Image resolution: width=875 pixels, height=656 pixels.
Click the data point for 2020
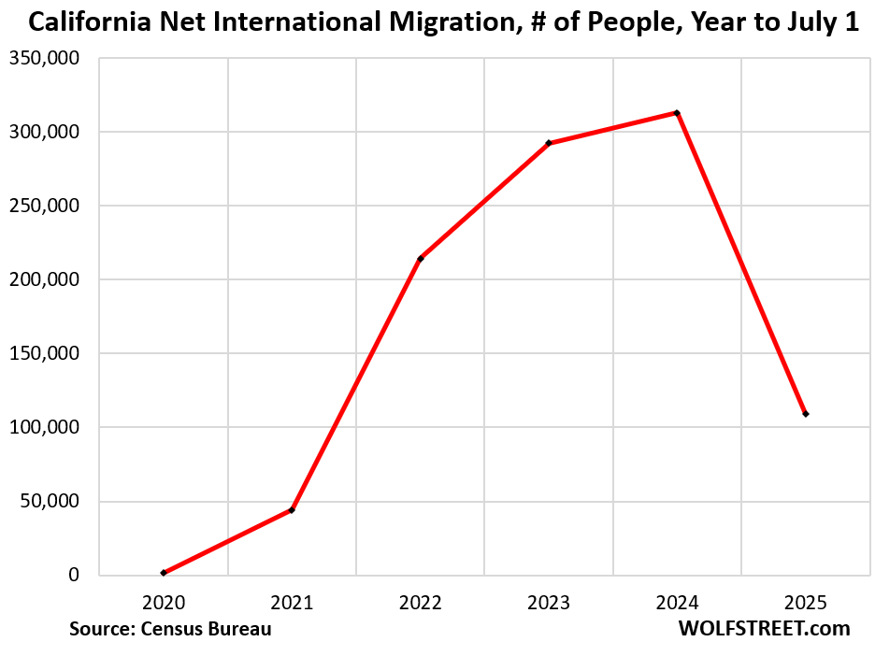point(164,573)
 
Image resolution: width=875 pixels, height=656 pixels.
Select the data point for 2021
point(292,509)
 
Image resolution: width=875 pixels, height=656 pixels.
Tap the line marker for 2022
point(421,259)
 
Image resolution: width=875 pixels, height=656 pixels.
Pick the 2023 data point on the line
point(549,143)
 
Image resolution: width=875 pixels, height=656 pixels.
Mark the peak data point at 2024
point(677,113)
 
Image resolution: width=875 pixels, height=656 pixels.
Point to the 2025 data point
point(805,414)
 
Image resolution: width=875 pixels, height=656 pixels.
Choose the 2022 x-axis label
point(420,603)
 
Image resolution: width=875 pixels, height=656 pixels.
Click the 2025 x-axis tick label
point(805,603)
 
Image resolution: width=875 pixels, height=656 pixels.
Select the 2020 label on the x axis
point(164,603)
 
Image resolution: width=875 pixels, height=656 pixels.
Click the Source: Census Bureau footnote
point(170,629)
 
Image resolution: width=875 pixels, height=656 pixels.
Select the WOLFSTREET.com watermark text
point(764,629)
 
